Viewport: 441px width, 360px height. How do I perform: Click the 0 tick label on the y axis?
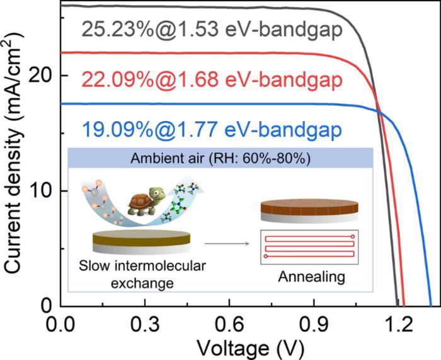pyautogui.click(x=47, y=306)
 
